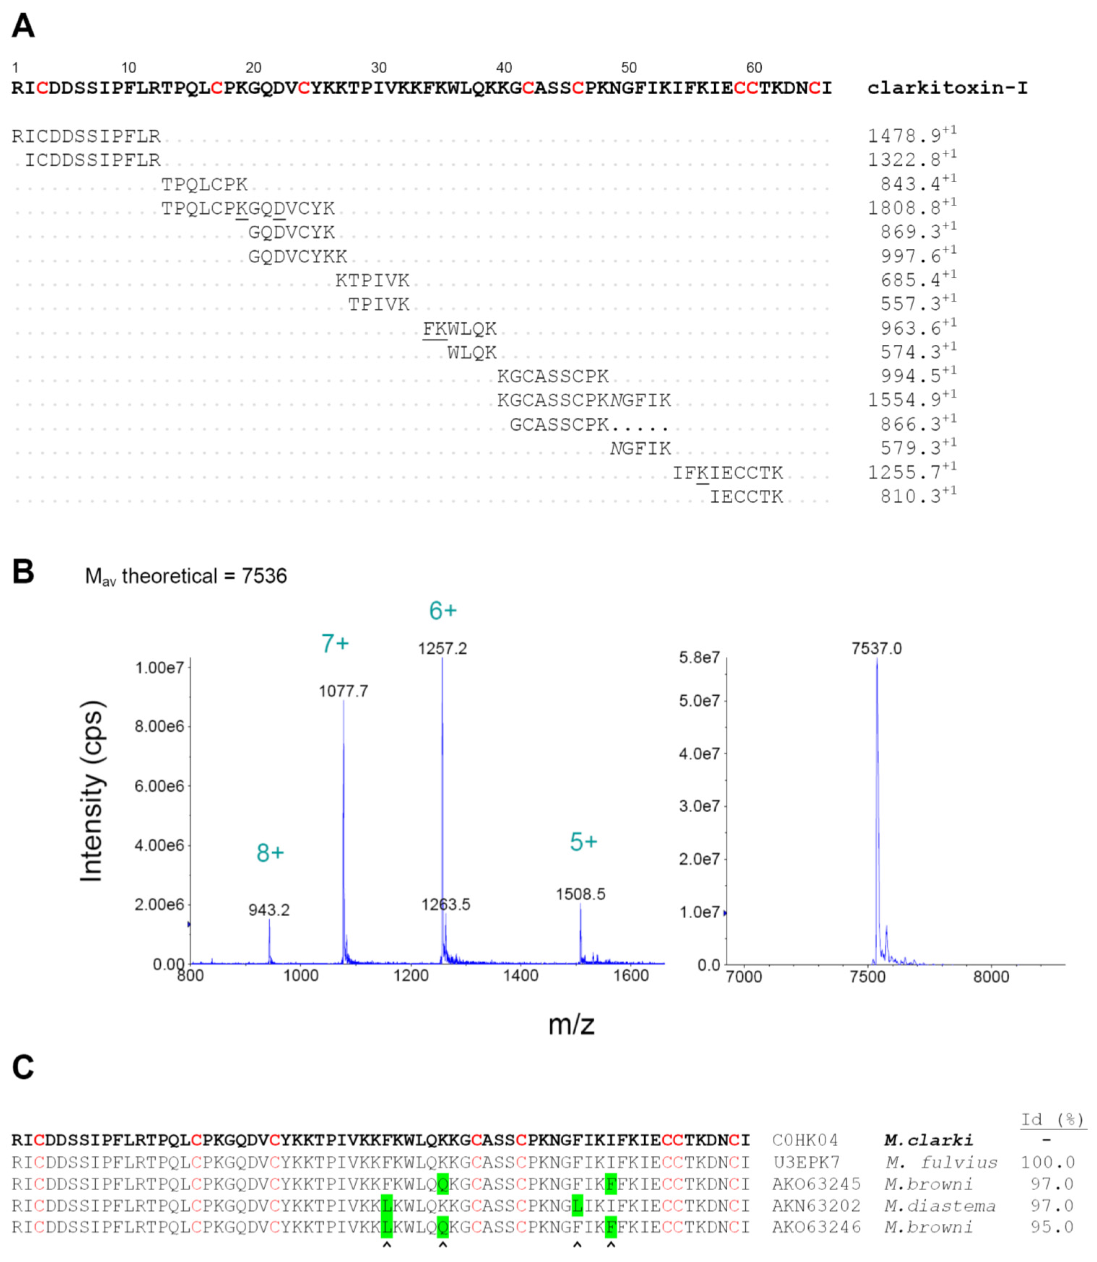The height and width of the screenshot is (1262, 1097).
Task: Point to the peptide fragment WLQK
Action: pos(472,353)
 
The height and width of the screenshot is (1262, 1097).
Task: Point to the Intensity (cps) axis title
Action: pos(92,791)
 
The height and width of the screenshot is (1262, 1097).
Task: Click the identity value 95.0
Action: pos(1052,1227)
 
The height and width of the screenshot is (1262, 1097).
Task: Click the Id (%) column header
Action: pos(1052,1119)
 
